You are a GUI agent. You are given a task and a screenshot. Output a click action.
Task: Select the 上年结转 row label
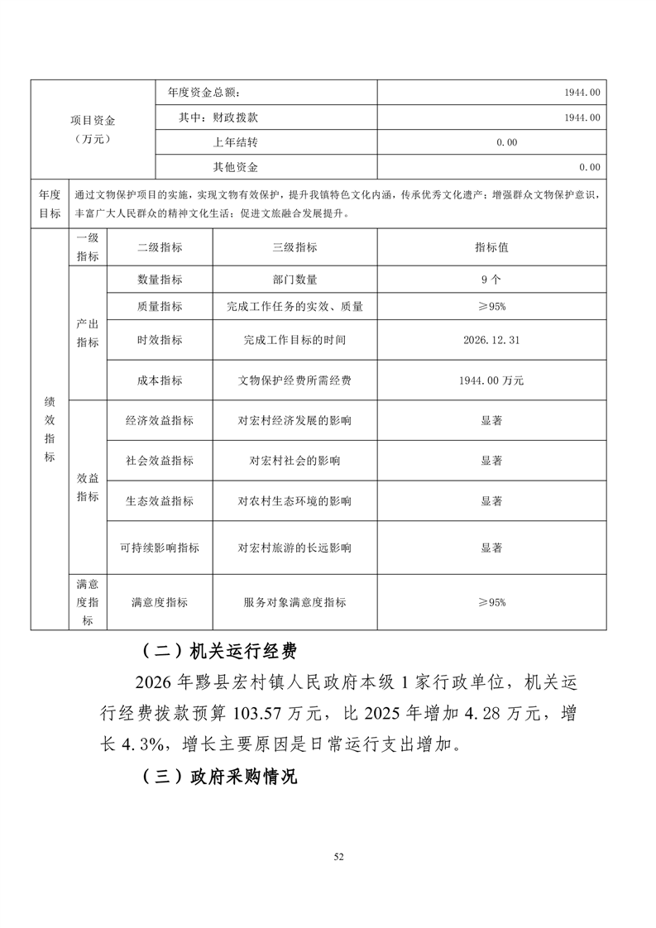coord(236,142)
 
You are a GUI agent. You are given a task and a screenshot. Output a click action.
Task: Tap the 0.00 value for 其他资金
coord(589,167)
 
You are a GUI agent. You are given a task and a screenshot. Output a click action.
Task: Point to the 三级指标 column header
coord(294,247)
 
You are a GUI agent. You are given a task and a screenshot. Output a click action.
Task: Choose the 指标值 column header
coord(491,247)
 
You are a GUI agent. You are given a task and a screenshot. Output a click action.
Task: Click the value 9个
coord(491,280)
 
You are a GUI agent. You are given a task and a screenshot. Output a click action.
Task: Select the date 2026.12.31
coord(491,340)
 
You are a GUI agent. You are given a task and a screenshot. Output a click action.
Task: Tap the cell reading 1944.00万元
coord(491,380)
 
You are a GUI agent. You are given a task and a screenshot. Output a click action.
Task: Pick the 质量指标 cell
coord(160,306)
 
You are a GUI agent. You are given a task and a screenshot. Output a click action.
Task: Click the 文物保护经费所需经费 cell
coord(294,380)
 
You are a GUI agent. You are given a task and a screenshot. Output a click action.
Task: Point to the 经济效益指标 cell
coord(160,420)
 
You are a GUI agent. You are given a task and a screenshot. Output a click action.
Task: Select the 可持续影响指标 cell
coord(160,548)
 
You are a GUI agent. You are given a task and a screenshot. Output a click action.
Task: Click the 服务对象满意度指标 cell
coord(294,602)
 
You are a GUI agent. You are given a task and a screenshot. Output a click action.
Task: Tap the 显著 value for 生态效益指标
coord(491,501)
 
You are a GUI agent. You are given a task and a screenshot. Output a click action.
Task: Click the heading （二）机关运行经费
coord(218,652)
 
